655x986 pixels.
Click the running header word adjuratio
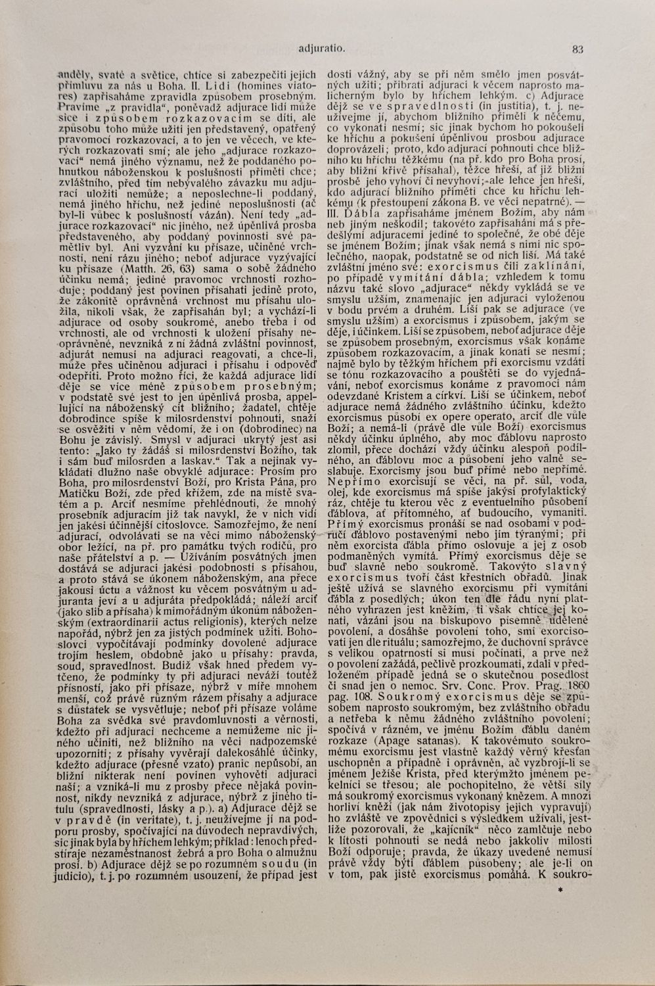click(x=322, y=48)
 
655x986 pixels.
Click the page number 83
click(x=578, y=48)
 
